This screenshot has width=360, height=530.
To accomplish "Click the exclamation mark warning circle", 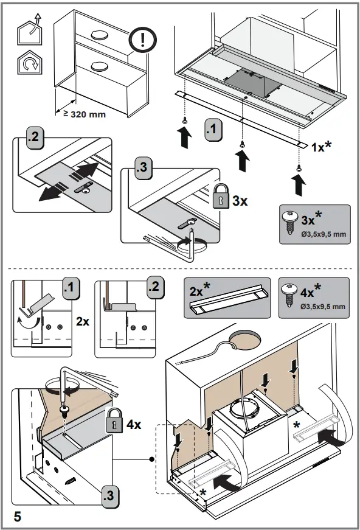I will [x=143, y=40].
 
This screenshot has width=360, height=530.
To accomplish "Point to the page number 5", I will [x=17, y=517].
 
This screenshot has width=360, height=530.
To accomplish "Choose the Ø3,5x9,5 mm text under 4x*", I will [x=323, y=306].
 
